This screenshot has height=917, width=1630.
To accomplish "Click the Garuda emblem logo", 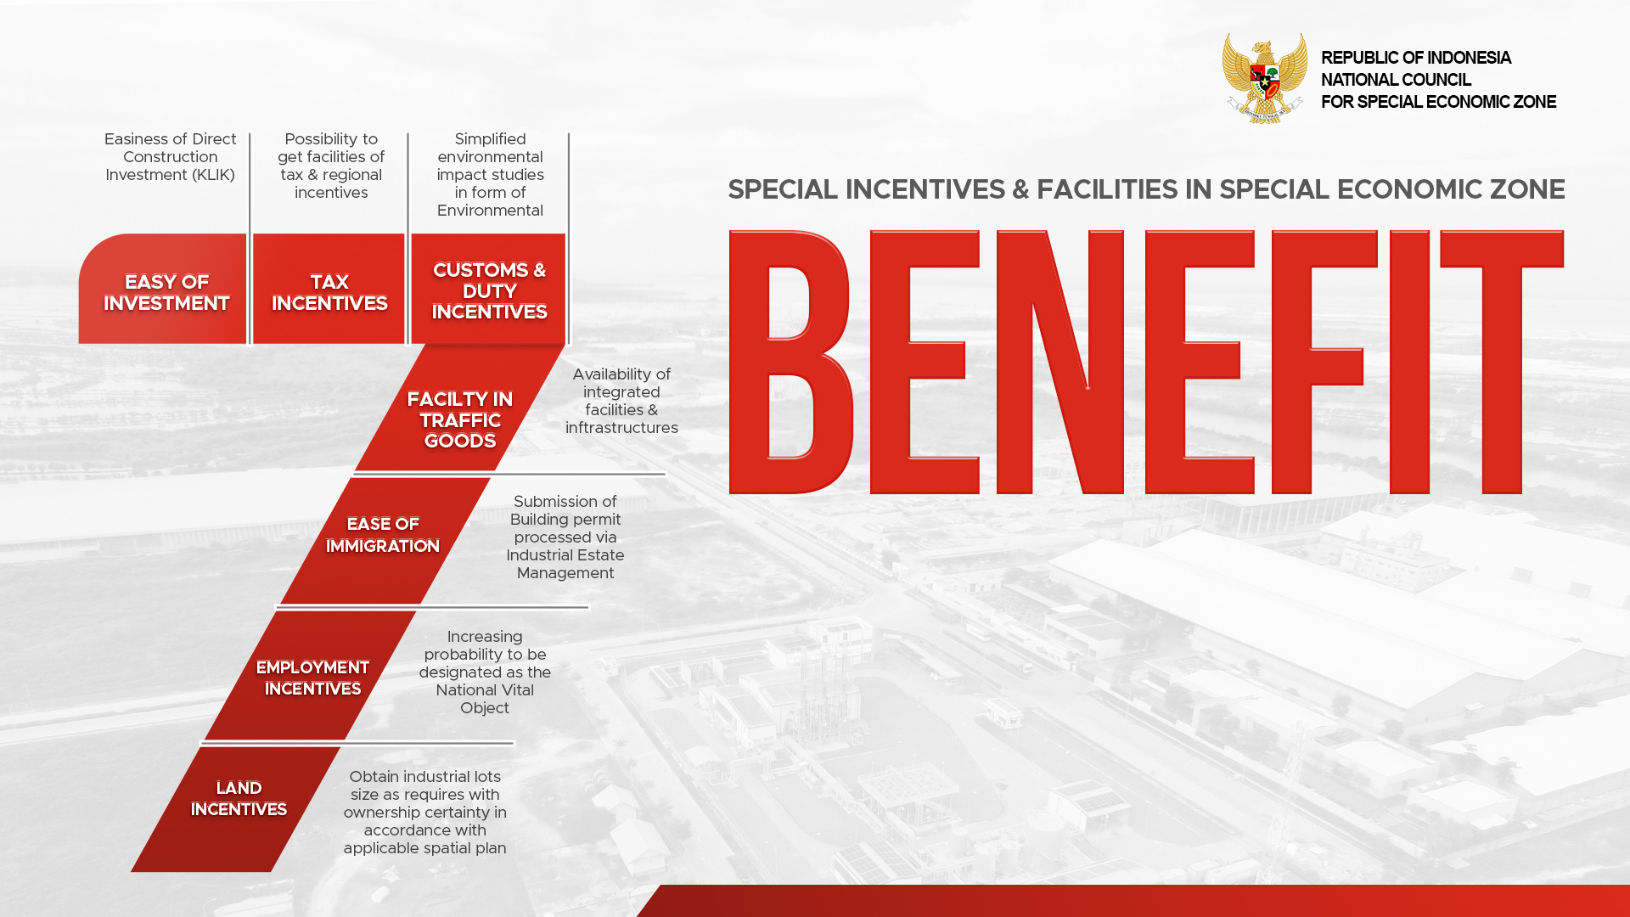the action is (1264, 78).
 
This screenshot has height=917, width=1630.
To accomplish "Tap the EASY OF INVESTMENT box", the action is (163, 289).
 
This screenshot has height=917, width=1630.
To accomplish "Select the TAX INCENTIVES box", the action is (329, 289).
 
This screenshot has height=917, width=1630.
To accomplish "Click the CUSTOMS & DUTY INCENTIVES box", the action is (488, 289).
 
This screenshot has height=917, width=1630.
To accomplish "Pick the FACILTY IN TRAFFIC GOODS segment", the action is (459, 408).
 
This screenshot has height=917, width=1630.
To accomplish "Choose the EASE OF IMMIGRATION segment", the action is (385, 541).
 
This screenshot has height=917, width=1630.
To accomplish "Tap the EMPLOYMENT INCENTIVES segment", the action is (311, 676).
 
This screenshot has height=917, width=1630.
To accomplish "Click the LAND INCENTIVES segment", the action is (236, 809).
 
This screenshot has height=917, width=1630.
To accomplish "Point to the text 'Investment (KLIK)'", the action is (170, 175).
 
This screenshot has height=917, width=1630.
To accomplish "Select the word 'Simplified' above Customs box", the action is (490, 139).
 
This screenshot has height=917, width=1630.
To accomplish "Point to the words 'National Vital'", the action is (485, 690).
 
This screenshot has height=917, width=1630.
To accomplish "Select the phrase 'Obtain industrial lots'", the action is (424, 777).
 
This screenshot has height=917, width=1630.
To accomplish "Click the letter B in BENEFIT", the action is (790, 363).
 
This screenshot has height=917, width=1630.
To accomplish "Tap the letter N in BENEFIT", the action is (1059, 363).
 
